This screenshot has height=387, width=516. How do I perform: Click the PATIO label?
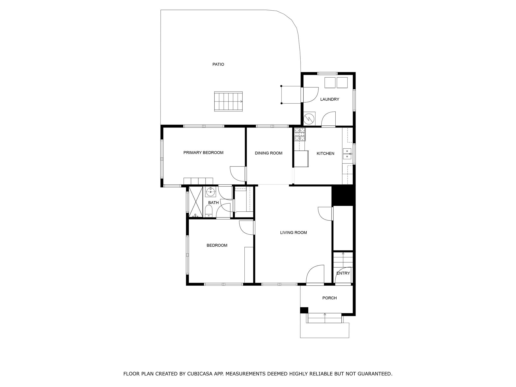(x=218, y=64)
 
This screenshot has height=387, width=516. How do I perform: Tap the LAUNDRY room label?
(x=330, y=99)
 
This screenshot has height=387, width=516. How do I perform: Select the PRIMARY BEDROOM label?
(x=203, y=153)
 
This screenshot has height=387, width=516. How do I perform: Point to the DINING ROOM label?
(x=269, y=153)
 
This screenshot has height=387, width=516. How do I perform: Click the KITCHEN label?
(x=326, y=153)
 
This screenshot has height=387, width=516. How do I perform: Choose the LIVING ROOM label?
(x=294, y=233)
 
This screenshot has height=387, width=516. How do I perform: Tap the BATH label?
(x=213, y=203)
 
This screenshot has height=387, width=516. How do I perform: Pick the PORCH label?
(x=330, y=298)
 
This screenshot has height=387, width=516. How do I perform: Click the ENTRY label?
(x=343, y=273)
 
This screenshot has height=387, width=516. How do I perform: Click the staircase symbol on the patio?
(x=228, y=102)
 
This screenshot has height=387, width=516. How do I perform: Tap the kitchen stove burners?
(x=300, y=134)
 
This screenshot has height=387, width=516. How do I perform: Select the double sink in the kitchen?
(x=347, y=154)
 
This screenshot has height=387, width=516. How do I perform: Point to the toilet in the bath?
(x=209, y=211)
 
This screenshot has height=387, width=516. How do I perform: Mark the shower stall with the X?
(x=196, y=202)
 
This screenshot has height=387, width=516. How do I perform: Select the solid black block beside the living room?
(x=343, y=196)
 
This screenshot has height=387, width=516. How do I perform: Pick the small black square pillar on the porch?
(x=304, y=310)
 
